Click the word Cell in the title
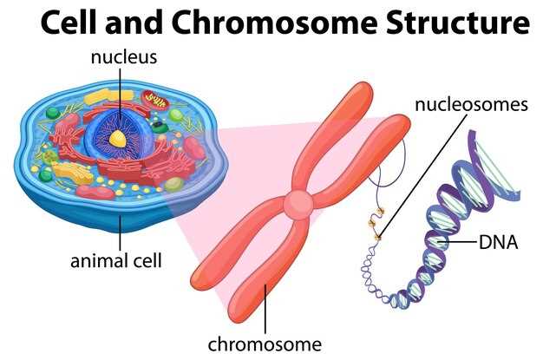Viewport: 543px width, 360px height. tap(72, 23)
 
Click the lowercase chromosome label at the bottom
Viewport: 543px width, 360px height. tap(264, 344)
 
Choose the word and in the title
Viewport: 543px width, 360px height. tap(145, 23)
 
